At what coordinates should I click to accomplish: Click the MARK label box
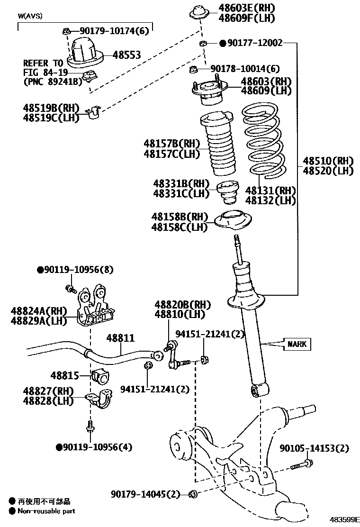(297, 344)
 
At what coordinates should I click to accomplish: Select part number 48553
(126, 55)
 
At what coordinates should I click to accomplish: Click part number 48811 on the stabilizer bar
(120, 338)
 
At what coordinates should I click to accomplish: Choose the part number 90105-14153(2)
(314, 448)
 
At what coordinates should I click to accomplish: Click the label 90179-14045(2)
(146, 495)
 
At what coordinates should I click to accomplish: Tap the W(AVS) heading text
(30, 16)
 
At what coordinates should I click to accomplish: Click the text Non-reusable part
(46, 511)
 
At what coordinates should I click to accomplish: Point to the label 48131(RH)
(270, 191)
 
